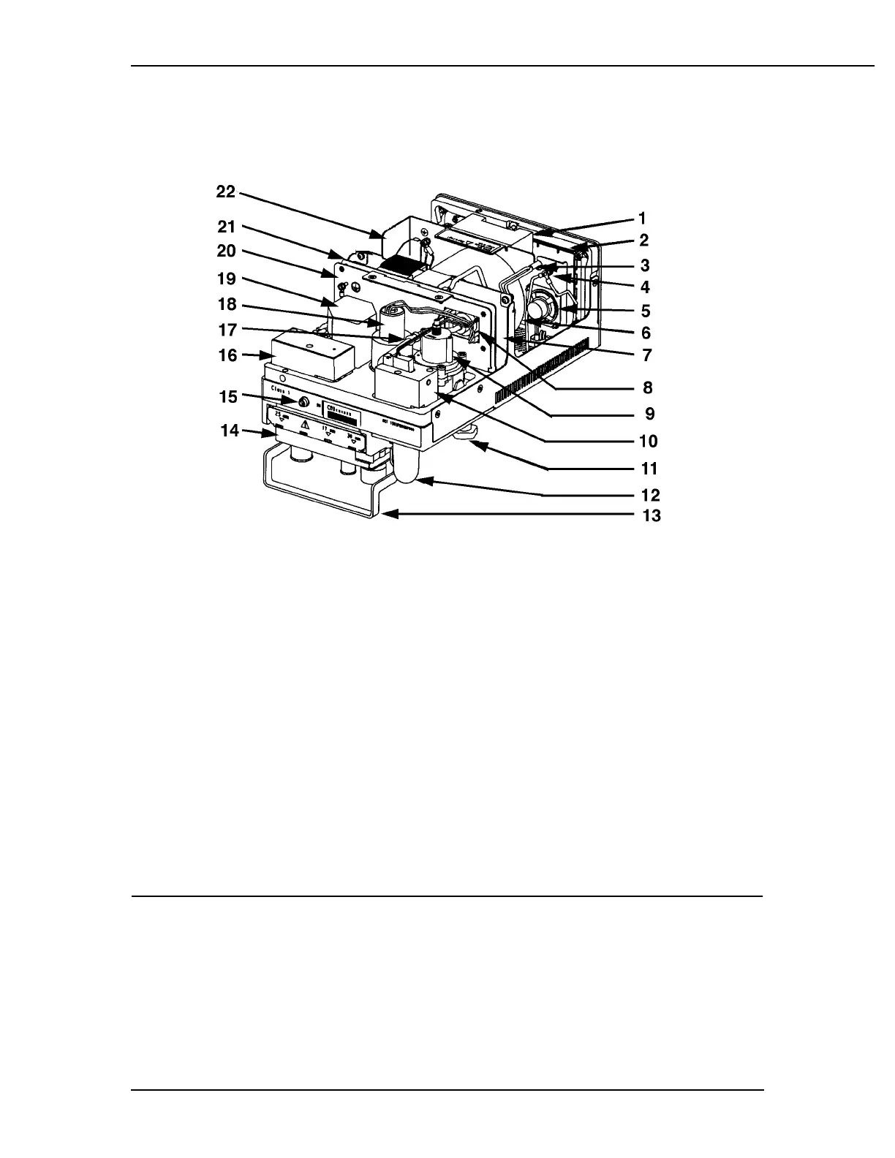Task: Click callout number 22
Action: [225, 192]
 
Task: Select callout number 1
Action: [642, 219]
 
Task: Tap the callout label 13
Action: [651, 515]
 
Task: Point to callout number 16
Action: [228, 355]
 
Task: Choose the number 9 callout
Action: [649, 414]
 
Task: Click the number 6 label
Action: [646, 333]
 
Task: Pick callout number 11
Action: [649, 469]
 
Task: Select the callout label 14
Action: [230, 431]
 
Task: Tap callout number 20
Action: [226, 251]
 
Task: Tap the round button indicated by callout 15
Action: [302, 402]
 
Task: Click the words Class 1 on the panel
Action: [280, 388]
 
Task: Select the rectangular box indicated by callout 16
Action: [312, 357]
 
